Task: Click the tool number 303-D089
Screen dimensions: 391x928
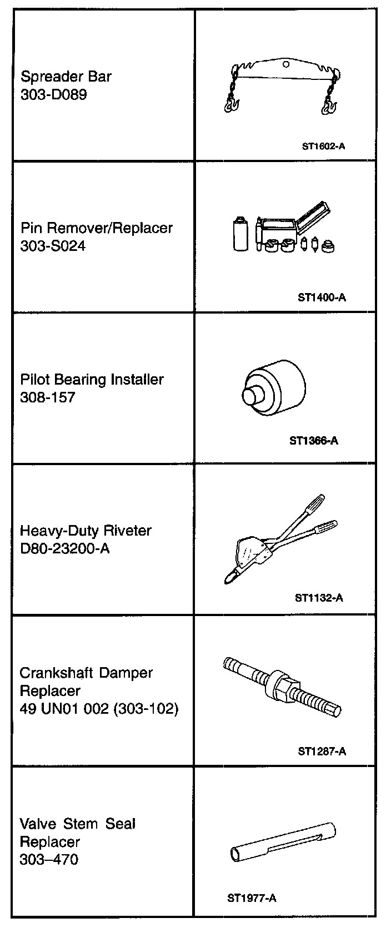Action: pyautogui.click(x=53, y=94)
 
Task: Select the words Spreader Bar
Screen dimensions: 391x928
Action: pyautogui.click(x=66, y=76)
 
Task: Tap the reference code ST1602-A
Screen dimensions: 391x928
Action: pyautogui.click(x=324, y=147)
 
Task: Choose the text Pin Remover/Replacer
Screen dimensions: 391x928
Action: pyautogui.click(x=96, y=228)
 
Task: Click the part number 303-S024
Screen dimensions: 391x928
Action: pyautogui.click(x=53, y=245)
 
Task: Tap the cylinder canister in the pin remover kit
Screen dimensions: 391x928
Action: pyautogui.click(x=240, y=235)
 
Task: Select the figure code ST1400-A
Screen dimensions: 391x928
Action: pyautogui.click(x=322, y=297)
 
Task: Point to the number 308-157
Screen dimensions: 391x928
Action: pyautogui.click(x=47, y=397)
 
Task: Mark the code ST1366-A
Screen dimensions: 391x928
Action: pyautogui.click(x=313, y=441)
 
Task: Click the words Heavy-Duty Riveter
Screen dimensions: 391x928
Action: pyautogui.click(x=86, y=531)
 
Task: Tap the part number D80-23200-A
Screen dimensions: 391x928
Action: pyautogui.click(x=64, y=548)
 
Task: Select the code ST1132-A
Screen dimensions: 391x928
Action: pyautogui.click(x=319, y=598)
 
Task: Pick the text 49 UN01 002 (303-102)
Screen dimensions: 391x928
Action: pyautogui.click(x=99, y=709)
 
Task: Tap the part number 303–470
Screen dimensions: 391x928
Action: pyautogui.click(x=49, y=860)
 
